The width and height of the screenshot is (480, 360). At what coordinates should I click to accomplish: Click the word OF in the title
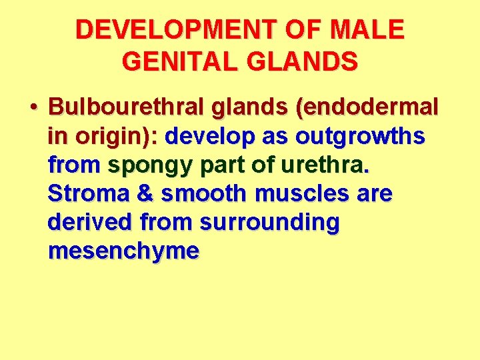pyautogui.click(x=307, y=30)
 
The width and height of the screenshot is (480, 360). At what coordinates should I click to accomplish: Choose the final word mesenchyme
pyautogui.click(x=123, y=251)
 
